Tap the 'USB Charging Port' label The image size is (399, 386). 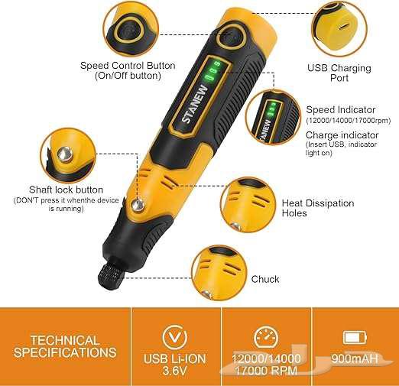coord(339,73)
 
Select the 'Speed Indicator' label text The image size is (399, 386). coord(341,109)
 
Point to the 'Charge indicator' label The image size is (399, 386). coord(343,134)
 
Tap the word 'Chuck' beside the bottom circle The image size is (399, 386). coord(265,279)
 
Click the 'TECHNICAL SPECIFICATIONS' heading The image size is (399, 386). coord(65,346)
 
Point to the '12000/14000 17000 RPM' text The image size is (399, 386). coord(264,364)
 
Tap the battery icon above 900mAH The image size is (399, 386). coord(355,337)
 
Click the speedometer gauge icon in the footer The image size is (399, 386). coord(265,336)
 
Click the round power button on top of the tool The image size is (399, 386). coord(229,35)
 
